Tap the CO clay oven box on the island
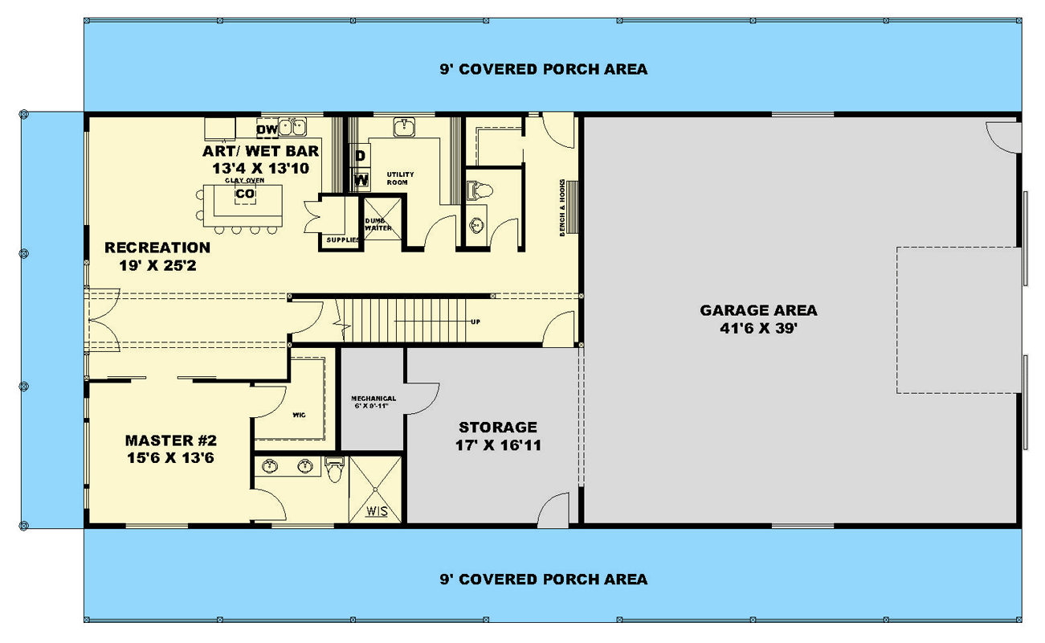tap(245, 195)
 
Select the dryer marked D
tap(361, 155)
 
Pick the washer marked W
tap(361, 178)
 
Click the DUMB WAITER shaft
tap(378, 224)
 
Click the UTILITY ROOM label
tap(398, 178)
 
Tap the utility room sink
tap(404, 127)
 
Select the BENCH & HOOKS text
tap(564, 207)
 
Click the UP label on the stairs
tap(476, 321)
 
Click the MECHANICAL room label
tap(374, 402)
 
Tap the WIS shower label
tap(376, 510)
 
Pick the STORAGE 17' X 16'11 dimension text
tap(498, 444)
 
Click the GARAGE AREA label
tap(758, 310)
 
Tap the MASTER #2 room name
tap(171, 440)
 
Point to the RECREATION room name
tap(157, 248)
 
